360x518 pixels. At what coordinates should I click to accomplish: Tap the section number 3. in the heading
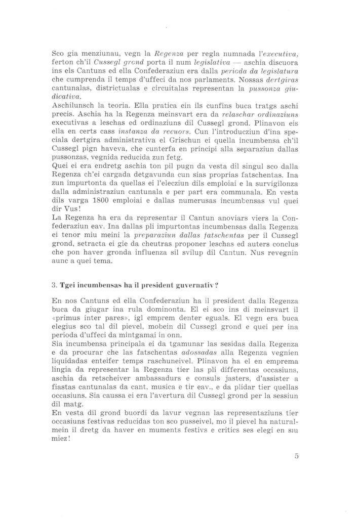(x=56, y=284)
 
